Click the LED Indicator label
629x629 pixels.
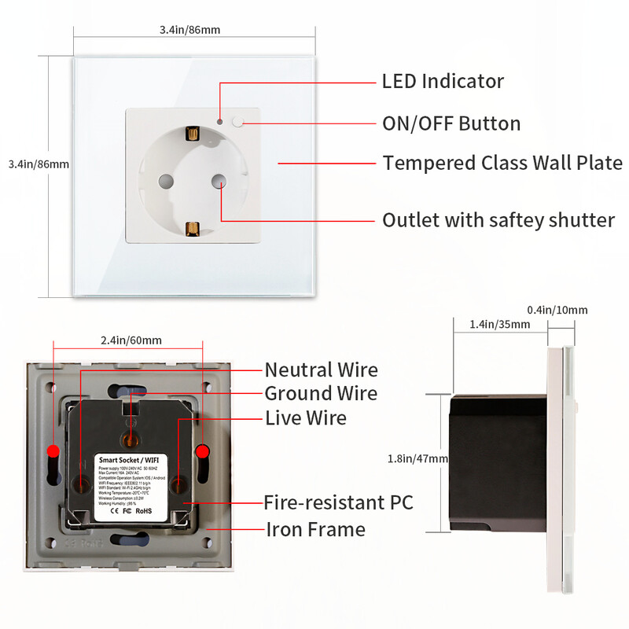(443, 81)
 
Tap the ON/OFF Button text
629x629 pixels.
(451, 123)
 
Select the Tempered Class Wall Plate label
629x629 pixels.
(502, 163)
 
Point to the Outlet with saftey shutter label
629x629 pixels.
(498, 220)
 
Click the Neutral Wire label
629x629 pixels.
(321, 370)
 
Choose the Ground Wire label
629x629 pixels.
(321, 393)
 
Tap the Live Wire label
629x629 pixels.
(305, 417)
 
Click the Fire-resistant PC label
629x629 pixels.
(338, 502)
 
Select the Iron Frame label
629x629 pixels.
(315, 529)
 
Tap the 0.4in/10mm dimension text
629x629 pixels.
(557, 310)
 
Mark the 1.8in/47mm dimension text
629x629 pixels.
(417, 458)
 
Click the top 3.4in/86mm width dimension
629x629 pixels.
(189, 30)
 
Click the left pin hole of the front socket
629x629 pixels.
(164, 180)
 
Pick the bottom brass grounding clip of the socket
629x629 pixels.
(190, 229)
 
